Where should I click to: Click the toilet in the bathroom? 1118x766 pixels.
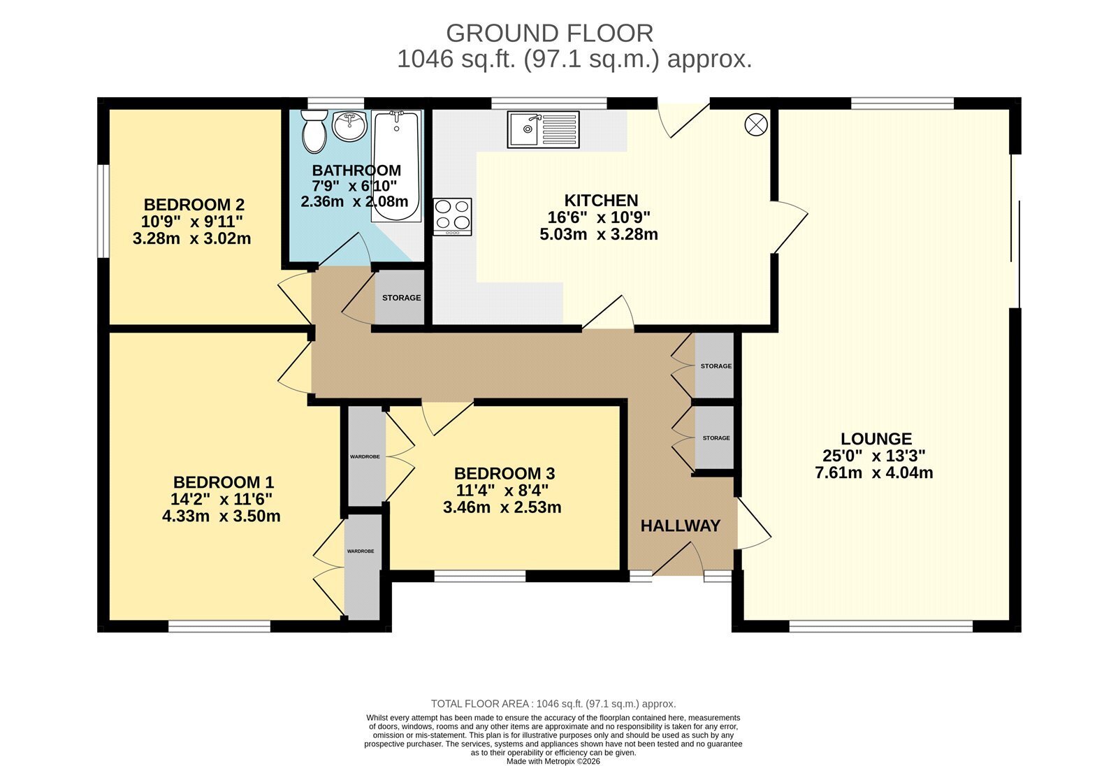point(314,131)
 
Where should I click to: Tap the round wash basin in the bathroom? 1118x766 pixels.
point(350,125)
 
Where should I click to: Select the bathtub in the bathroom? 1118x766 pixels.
point(396,166)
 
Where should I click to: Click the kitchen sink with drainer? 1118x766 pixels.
point(543,129)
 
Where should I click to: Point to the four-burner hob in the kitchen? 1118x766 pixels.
point(452,217)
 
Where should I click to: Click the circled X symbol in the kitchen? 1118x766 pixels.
point(755,124)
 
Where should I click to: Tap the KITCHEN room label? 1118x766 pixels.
point(601,201)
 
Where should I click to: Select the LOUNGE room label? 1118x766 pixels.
point(876,439)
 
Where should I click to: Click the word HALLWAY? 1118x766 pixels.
point(681,526)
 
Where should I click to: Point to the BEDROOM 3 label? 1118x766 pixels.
point(504,473)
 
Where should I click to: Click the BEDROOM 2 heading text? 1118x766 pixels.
point(194,205)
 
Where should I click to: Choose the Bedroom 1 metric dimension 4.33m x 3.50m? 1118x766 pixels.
point(221,516)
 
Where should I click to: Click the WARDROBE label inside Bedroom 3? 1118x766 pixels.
point(365,456)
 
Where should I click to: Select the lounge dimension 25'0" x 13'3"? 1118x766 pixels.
point(874,456)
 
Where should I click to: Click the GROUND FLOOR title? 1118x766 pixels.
point(549,34)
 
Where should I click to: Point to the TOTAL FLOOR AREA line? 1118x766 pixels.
point(553,704)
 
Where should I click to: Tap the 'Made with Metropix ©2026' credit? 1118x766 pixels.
point(553,762)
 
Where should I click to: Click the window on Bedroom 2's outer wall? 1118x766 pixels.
point(103,211)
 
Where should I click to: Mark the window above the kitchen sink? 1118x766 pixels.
point(549,103)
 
